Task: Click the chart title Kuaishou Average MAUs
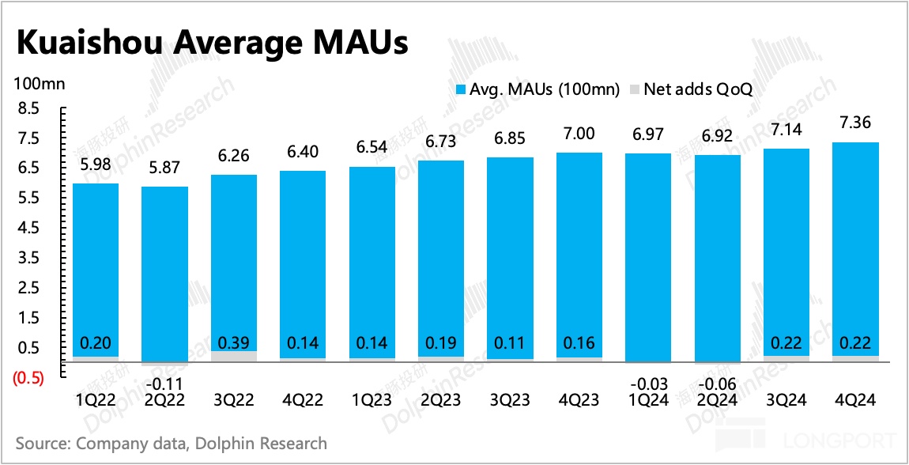click(x=212, y=43)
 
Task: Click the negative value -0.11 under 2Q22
click(x=164, y=384)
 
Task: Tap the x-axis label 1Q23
click(x=372, y=401)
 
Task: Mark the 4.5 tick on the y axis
click(x=28, y=229)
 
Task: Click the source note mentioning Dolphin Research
click(x=171, y=443)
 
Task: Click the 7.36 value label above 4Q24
click(x=855, y=123)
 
